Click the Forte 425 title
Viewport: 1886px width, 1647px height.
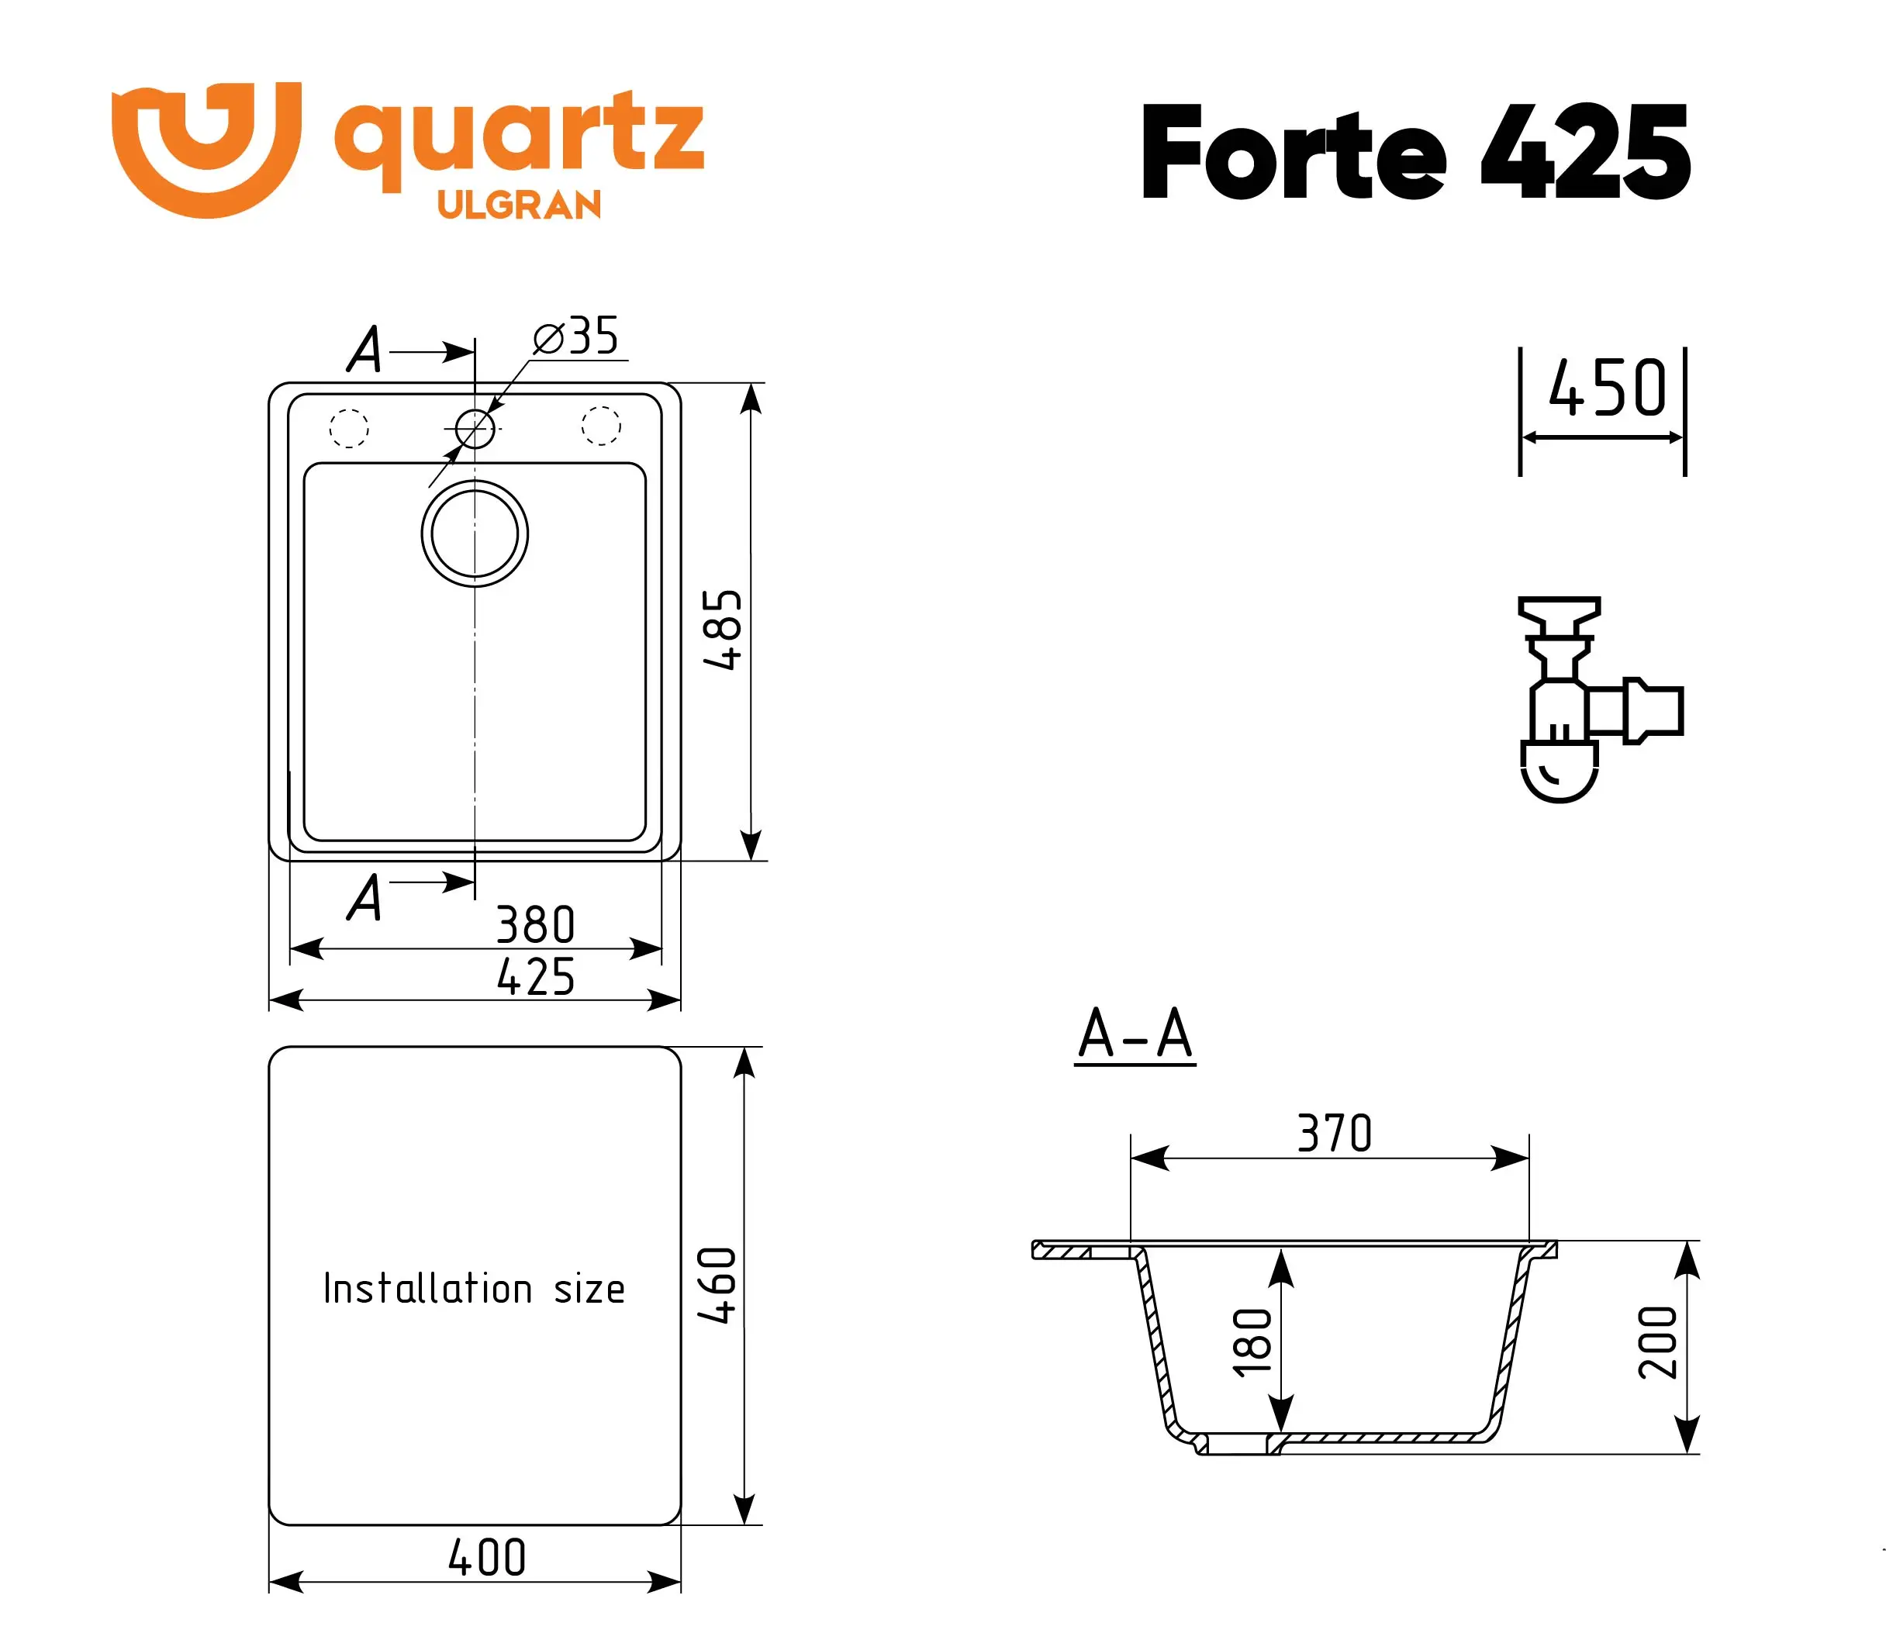click(x=1414, y=153)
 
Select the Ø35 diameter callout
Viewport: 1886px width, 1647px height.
click(x=576, y=337)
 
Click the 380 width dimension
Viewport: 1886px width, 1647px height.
click(x=535, y=924)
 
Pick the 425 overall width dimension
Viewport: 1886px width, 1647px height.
click(x=535, y=977)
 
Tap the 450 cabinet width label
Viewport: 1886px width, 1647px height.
click(x=1607, y=388)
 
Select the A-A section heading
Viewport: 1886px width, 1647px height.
click(x=1135, y=1035)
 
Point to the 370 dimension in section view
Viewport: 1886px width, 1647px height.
click(x=1334, y=1133)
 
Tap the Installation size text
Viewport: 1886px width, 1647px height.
click(x=473, y=1289)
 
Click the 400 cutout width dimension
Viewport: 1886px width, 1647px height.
click(x=486, y=1558)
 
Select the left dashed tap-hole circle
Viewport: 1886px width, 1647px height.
click(x=348, y=428)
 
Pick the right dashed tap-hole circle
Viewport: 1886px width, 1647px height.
click(x=600, y=426)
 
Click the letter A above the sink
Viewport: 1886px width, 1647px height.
click(x=365, y=350)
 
